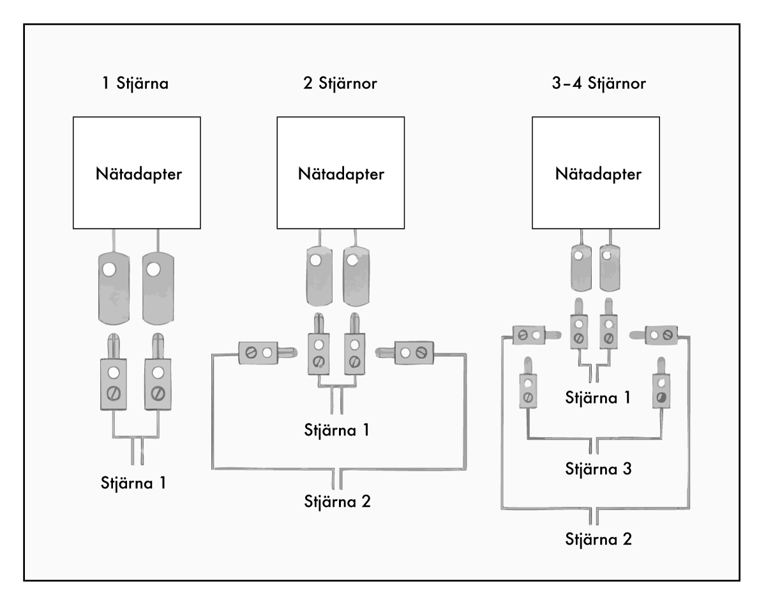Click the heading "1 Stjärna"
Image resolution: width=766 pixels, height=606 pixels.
coord(135,84)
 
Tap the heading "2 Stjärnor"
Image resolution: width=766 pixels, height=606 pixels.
coord(340,84)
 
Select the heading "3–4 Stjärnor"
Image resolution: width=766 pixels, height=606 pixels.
coord(599,84)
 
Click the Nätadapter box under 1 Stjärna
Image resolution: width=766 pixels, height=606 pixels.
coord(137,172)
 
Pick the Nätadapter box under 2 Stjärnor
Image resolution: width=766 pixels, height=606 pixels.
coord(341,172)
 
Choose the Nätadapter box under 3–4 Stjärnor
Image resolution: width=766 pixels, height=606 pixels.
coord(596,172)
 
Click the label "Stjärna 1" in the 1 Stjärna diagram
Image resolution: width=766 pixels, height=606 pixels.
coord(133,483)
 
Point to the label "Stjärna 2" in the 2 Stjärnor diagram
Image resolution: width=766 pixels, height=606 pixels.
coord(338,502)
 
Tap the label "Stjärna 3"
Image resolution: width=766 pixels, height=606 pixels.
coord(598,469)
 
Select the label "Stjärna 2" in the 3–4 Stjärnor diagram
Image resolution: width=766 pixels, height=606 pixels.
coord(598,540)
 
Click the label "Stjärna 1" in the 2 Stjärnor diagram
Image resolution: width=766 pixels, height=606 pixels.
coord(337,430)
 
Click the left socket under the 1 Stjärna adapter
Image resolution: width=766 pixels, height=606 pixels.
coord(114,289)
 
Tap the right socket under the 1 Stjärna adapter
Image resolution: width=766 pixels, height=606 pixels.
coord(158,289)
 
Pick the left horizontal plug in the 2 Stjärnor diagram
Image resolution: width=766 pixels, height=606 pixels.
coord(267,353)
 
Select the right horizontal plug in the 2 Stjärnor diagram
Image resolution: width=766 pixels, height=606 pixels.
coord(405,353)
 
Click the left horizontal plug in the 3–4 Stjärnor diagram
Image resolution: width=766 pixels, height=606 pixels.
coord(537,335)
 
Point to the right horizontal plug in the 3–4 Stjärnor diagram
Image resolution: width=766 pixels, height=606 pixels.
coord(654,335)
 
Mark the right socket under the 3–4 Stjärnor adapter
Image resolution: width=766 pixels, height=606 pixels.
coord(610,268)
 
